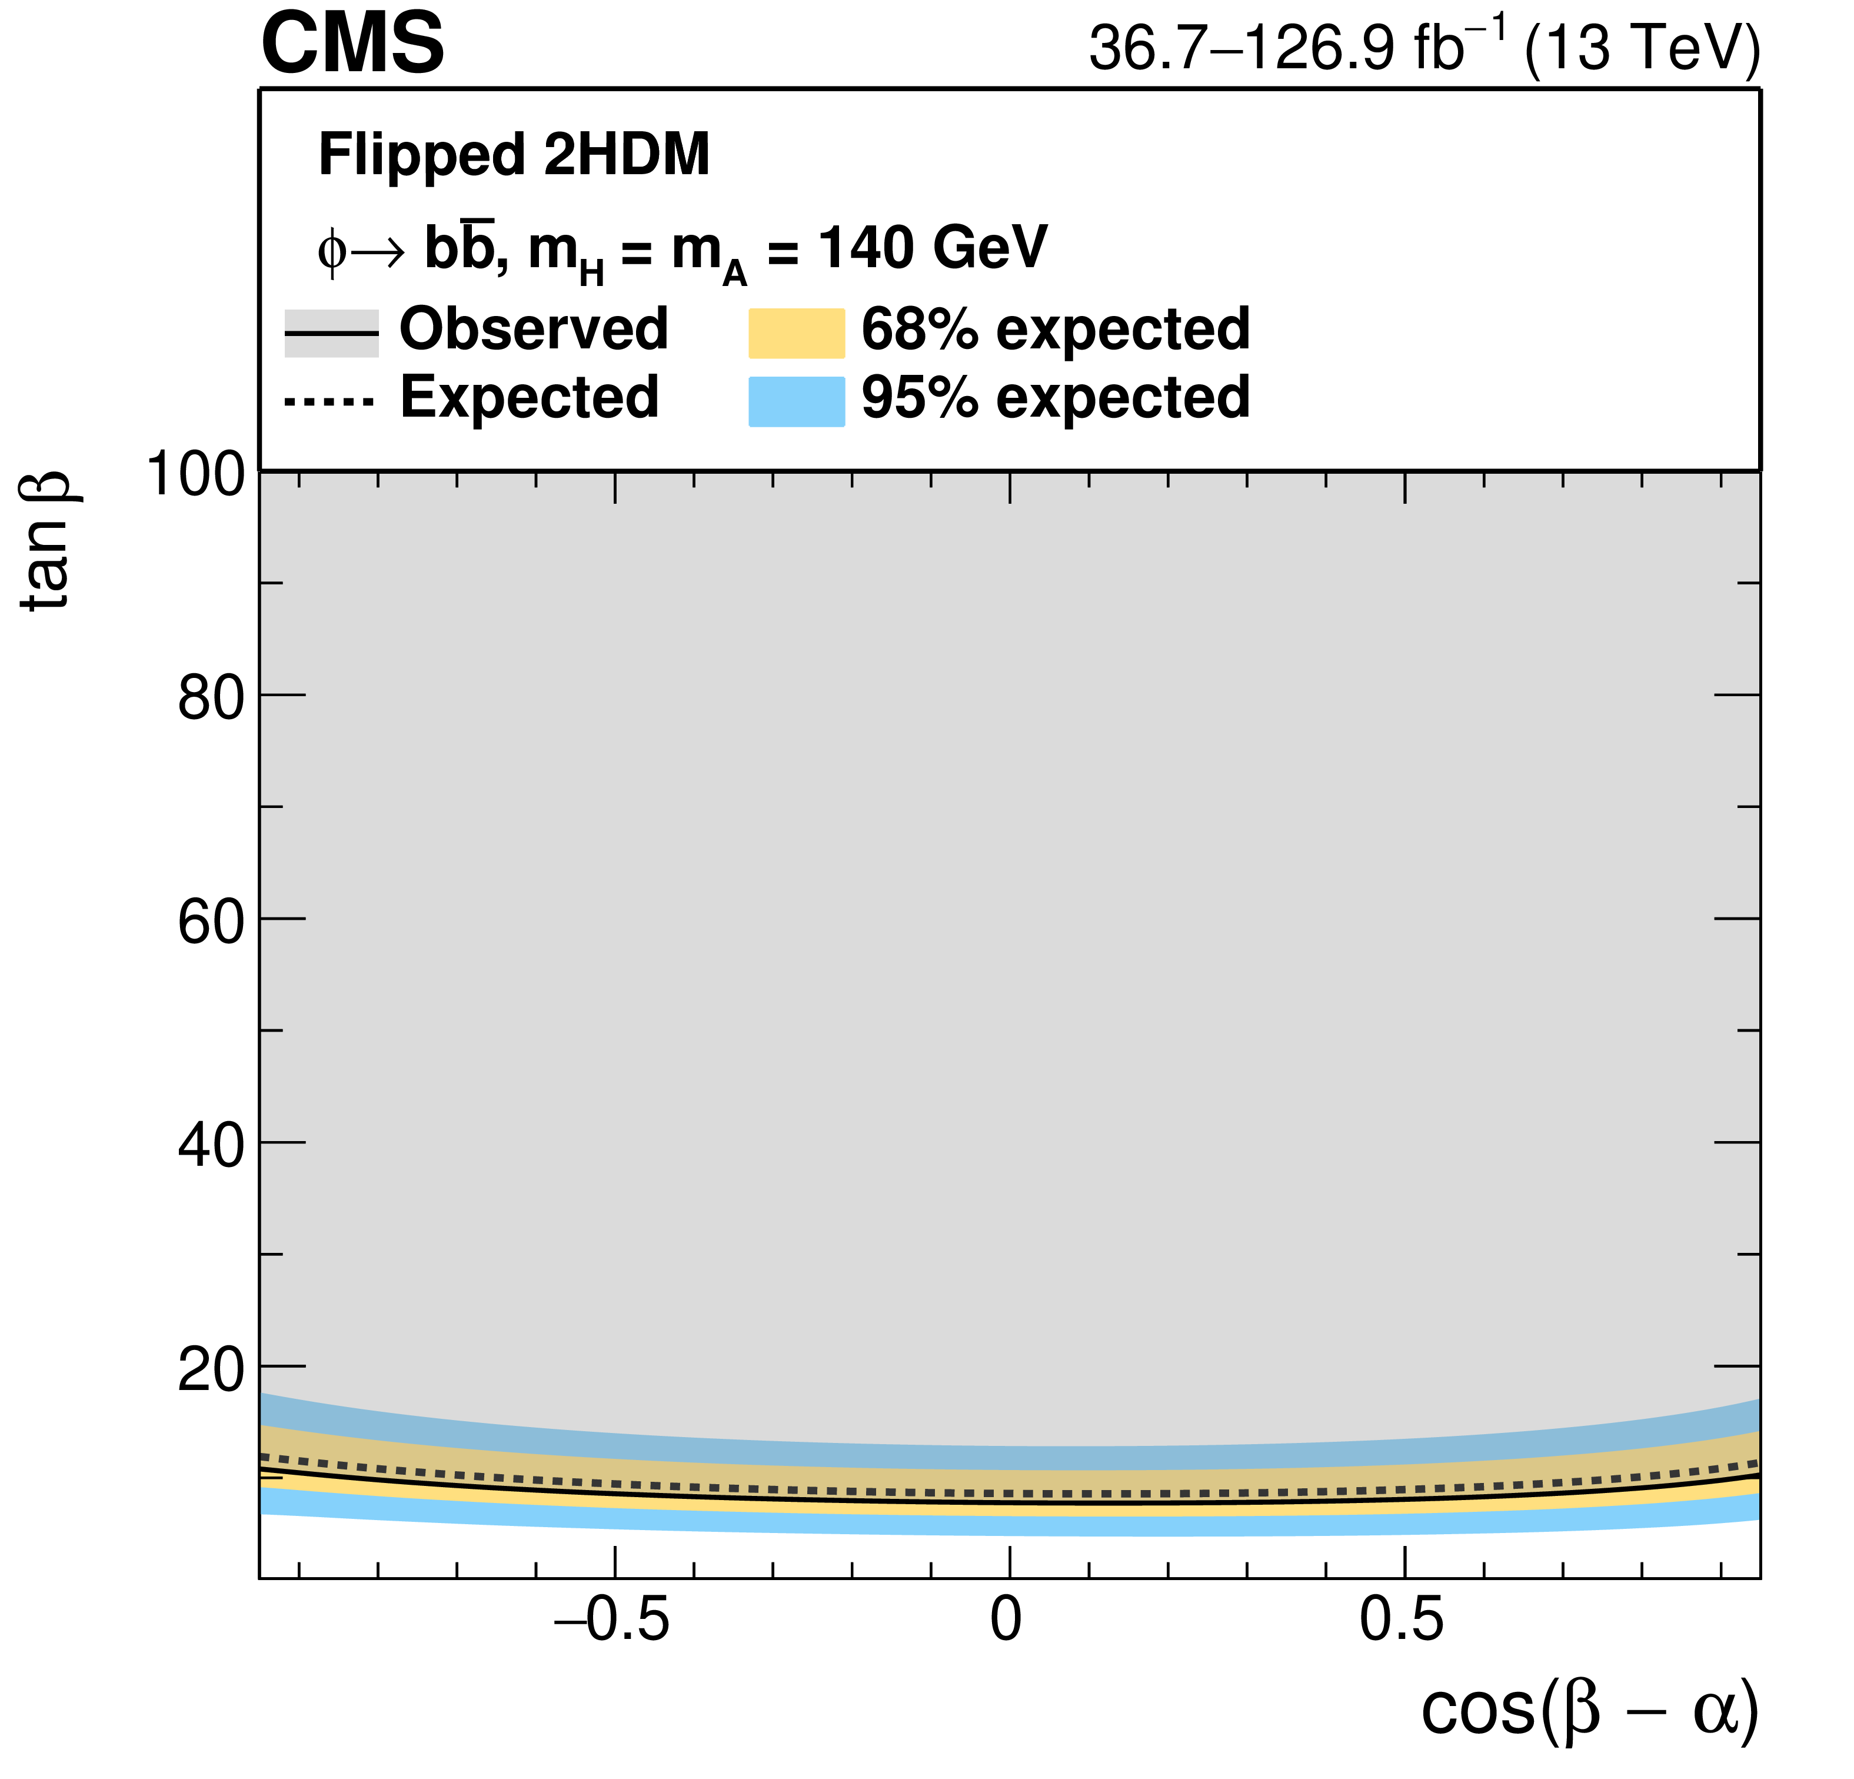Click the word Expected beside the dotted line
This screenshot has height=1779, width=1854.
529,397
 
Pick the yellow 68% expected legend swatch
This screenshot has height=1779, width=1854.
797,333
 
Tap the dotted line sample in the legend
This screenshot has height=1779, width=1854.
330,402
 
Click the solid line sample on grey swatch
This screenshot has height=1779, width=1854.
331,333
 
